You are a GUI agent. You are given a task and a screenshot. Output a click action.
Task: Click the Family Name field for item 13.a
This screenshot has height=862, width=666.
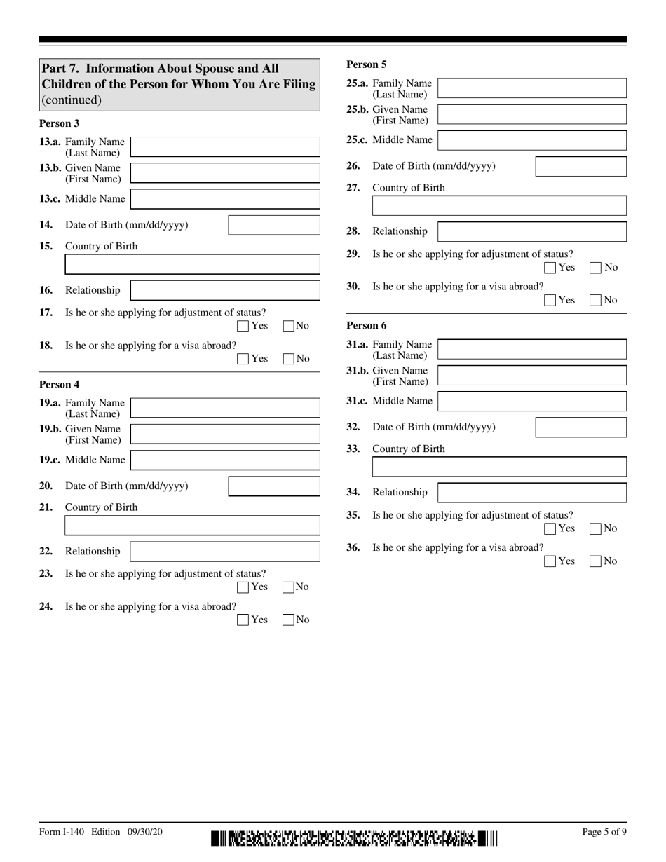tap(225, 147)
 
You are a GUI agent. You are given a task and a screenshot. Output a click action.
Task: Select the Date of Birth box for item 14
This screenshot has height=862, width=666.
tap(274, 225)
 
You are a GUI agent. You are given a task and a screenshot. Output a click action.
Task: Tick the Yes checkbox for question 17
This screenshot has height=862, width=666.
tap(243, 326)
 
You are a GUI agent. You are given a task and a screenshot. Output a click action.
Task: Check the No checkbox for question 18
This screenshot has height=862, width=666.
tap(287, 359)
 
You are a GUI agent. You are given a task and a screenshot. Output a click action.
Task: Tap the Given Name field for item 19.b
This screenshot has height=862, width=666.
tap(225, 434)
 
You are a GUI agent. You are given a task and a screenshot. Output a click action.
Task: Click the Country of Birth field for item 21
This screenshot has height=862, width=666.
tap(192, 526)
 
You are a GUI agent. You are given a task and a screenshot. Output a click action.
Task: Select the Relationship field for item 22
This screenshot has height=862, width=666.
tap(225, 552)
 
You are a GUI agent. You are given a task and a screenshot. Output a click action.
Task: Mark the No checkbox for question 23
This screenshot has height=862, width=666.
tap(287, 587)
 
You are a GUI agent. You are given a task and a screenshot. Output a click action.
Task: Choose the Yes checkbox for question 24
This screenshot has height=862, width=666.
tap(243, 620)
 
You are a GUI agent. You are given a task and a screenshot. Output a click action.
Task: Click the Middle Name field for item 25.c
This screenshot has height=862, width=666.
tap(532, 140)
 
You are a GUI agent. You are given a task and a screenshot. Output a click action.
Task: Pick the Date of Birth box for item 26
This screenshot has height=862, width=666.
tap(581, 166)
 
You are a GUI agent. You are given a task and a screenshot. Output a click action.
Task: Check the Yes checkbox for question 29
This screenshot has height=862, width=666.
tap(550, 267)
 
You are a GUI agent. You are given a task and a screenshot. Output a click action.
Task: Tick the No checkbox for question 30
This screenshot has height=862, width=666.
tap(595, 300)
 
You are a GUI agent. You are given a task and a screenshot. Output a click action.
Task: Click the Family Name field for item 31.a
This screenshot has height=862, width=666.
tap(532, 349)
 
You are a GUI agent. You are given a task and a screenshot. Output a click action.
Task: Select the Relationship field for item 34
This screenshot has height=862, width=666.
tap(532, 493)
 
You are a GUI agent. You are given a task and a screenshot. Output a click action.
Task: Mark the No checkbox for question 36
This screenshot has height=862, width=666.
tap(595, 561)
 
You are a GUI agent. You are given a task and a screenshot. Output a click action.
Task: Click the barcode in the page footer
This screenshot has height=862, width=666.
tap(354, 838)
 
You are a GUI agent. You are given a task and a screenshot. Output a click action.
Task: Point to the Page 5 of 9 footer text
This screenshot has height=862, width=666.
tap(604, 832)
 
